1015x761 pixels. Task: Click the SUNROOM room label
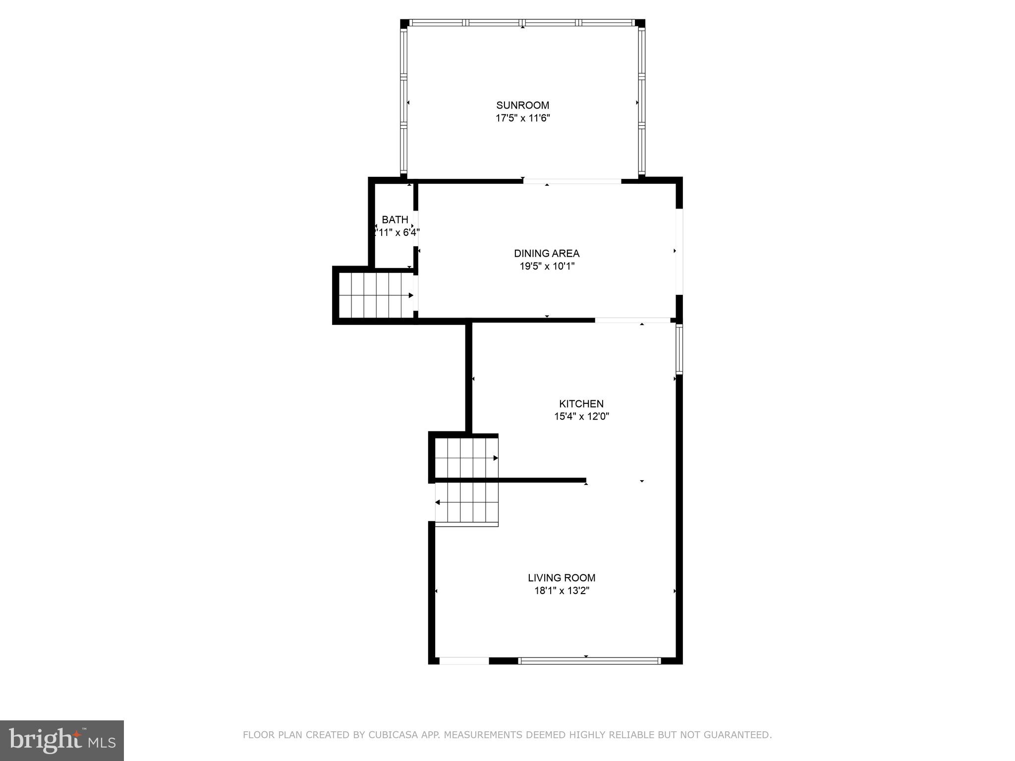(x=522, y=105)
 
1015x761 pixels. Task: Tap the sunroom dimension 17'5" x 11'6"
(x=522, y=118)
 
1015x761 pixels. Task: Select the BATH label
(x=395, y=219)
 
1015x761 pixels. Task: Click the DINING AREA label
(x=546, y=253)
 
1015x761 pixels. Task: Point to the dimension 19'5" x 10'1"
(x=546, y=267)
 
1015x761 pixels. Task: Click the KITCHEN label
(x=581, y=404)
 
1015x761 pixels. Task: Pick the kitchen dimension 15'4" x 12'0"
(x=581, y=417)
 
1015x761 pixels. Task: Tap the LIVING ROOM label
(x=561, y=578)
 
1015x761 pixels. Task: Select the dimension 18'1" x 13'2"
(x=561, y=591)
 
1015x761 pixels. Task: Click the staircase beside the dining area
(x=376, y=295)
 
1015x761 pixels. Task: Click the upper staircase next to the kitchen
(x=466, y=458)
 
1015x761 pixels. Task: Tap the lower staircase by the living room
(x=466, y=503)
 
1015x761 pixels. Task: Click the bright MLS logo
(x=62, y=740)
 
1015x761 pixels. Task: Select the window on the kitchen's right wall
(x=679, y=349)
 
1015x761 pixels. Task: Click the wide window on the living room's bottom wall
(x=589, y=660)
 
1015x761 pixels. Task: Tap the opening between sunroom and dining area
(x=572, y=181)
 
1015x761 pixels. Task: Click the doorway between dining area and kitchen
(x=633, y=320)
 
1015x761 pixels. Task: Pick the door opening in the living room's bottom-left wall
(x=464, y=660)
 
